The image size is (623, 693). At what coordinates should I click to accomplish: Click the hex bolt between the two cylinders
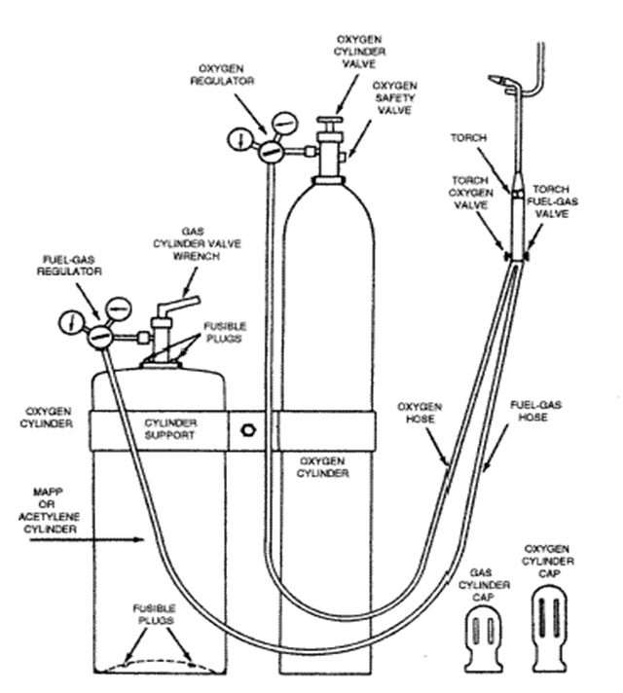click(248, 429)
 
